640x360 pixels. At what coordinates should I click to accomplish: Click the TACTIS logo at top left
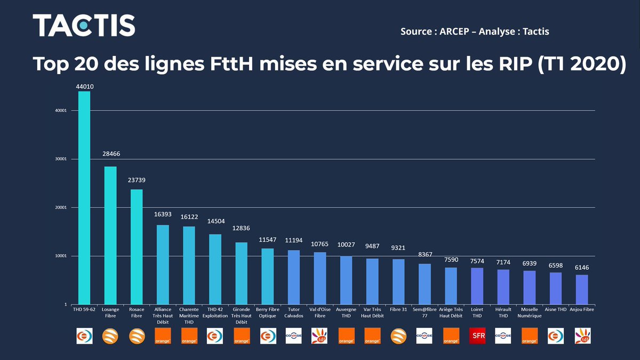(x=84, y=26)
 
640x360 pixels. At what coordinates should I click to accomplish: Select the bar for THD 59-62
(x=84, y=197)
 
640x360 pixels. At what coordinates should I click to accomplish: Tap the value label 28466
(x=110, y=153)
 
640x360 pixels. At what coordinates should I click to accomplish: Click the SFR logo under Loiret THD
(x=477, y=335)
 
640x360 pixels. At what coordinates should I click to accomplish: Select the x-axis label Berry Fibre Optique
(x=267, y=313)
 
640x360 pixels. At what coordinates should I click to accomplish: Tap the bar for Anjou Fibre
(x=582, y=289)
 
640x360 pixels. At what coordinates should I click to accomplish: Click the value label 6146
(x=582, y=267)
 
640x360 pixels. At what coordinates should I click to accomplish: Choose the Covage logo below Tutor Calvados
(x=293, y=335)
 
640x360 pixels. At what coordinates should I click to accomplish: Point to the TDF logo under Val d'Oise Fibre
(x=319, y=335)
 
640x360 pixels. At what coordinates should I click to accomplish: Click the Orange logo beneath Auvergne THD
(x=346, y=335)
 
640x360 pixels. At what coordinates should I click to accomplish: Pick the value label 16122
(x=189, y=218)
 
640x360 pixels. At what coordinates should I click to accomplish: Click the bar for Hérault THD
(x=503, y=287)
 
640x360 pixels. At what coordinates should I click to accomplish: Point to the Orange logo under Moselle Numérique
(x=529, y=335)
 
